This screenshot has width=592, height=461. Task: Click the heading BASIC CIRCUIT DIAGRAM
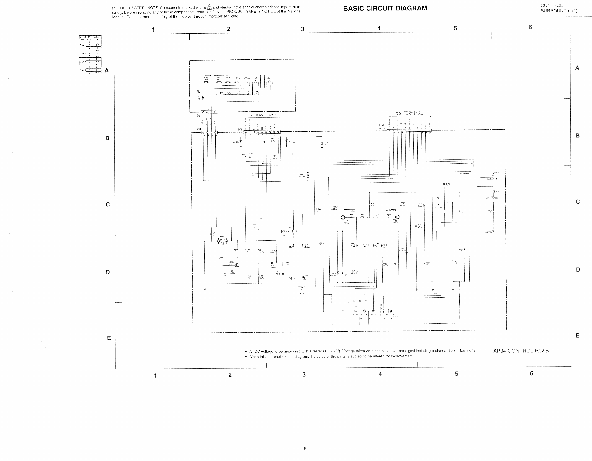tap(385, 8)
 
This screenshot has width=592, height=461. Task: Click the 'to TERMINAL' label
tap(409, 113)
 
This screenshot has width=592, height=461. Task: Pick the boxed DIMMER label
tap(285, 232)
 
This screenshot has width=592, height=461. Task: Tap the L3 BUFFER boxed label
tap(349, 211)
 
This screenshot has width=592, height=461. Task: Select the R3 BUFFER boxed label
tap(390, 210)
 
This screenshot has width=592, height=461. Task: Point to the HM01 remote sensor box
tap(223, 241)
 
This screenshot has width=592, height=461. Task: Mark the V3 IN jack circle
tap(374, 311)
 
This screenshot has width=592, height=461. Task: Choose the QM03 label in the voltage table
tap(83, 62)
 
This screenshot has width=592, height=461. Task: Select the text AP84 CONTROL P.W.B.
tap(521, 351)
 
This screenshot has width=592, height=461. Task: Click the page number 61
tap(306, 448)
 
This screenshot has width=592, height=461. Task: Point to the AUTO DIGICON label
tap(493, 198)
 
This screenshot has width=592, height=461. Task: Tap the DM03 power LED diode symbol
tap(303, 278)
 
